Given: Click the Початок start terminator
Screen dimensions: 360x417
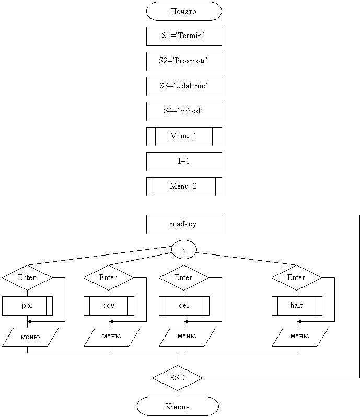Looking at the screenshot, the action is tap(184, 11).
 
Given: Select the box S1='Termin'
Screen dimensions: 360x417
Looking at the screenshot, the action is tap(184, 36).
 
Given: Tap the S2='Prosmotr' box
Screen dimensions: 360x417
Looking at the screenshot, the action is tap(184, 62).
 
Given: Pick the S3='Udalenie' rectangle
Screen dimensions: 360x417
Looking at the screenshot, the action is tap(184, 86).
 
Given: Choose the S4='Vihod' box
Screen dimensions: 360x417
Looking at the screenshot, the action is tap(184, 111).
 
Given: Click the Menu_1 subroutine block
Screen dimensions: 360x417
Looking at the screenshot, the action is tap(184, 137).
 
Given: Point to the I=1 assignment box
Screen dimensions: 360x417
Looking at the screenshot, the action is tap(184, 161).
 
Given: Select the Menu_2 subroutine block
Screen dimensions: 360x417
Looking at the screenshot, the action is tap(184, 187).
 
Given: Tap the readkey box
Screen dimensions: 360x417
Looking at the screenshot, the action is tap(184, 225).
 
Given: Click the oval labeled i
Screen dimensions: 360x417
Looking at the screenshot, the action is tap(184, 250).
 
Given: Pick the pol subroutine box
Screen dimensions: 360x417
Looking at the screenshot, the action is tap(27, 306).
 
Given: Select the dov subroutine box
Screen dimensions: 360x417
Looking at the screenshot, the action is tap(109, 306).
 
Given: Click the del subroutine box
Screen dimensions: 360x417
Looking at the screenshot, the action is tap(184, 306).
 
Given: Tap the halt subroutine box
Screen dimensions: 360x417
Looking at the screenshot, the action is tap(297, 306).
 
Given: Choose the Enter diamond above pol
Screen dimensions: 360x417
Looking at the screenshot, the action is tap(27, 277).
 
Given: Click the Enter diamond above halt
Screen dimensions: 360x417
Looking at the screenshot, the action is tap(297, 277).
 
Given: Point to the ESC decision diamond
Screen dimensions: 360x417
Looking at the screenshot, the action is tap(178, 378).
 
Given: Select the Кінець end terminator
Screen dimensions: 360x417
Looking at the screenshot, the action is tap(178, 406).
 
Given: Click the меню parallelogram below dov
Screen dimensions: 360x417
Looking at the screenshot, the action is tap(112, 337).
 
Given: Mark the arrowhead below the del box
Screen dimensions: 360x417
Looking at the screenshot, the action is tap(187, 321).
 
